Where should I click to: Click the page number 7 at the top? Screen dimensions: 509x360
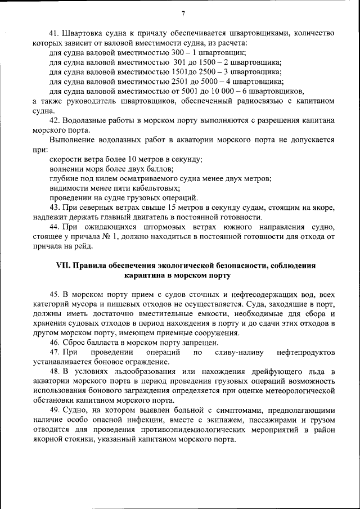pyautogui.click(x=183, y=14)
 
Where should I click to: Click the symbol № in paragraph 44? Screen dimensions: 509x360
pyautogui.click(x=102, y=237)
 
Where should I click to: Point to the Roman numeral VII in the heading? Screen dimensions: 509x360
pyautogui.click(x=62, y=265)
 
